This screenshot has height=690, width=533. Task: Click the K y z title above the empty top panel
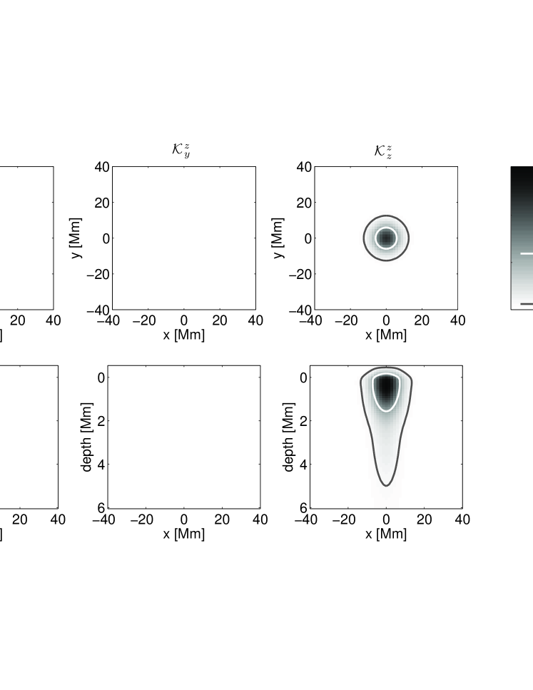[x=181, y=150]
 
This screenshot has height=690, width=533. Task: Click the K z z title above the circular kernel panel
[x=383, y=151]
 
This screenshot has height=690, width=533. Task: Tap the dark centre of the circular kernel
[x=386, y=238]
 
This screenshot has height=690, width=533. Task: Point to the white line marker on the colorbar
[x=527, y=253]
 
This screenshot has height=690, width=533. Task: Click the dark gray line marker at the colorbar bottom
[x=527, y=304]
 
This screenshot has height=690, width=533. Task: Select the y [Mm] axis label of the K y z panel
[x=76, y=238]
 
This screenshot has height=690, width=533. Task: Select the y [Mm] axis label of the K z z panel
[x=278, y=238]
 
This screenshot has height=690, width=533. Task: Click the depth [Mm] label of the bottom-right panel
[x=289, y=437]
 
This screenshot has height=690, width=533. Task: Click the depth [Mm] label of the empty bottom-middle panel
[x=87, y=437]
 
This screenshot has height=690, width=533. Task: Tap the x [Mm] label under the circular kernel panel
[x=386, y=335]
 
